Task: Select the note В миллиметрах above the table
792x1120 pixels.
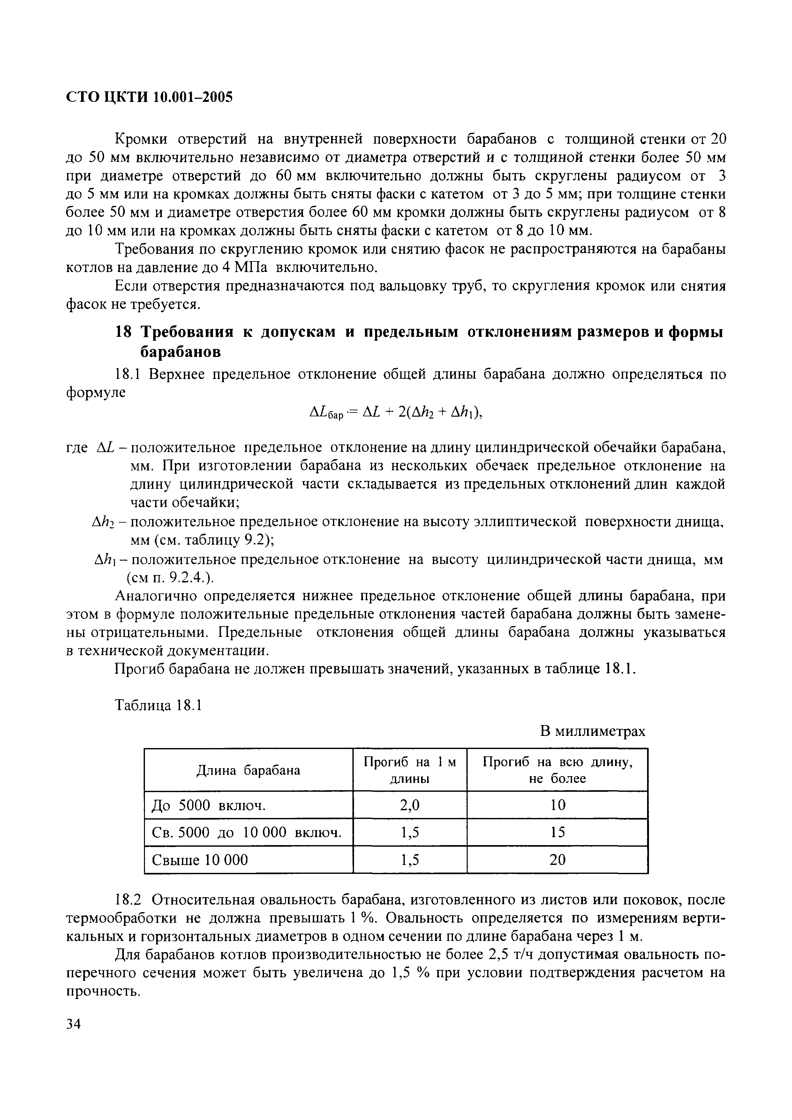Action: pyautogui.click(x=592, y=731)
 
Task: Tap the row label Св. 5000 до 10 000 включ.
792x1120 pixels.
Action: pyautogui.click(x=246, y=832)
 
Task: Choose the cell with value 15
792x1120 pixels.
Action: pyautogui.click(x=557, y=832)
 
